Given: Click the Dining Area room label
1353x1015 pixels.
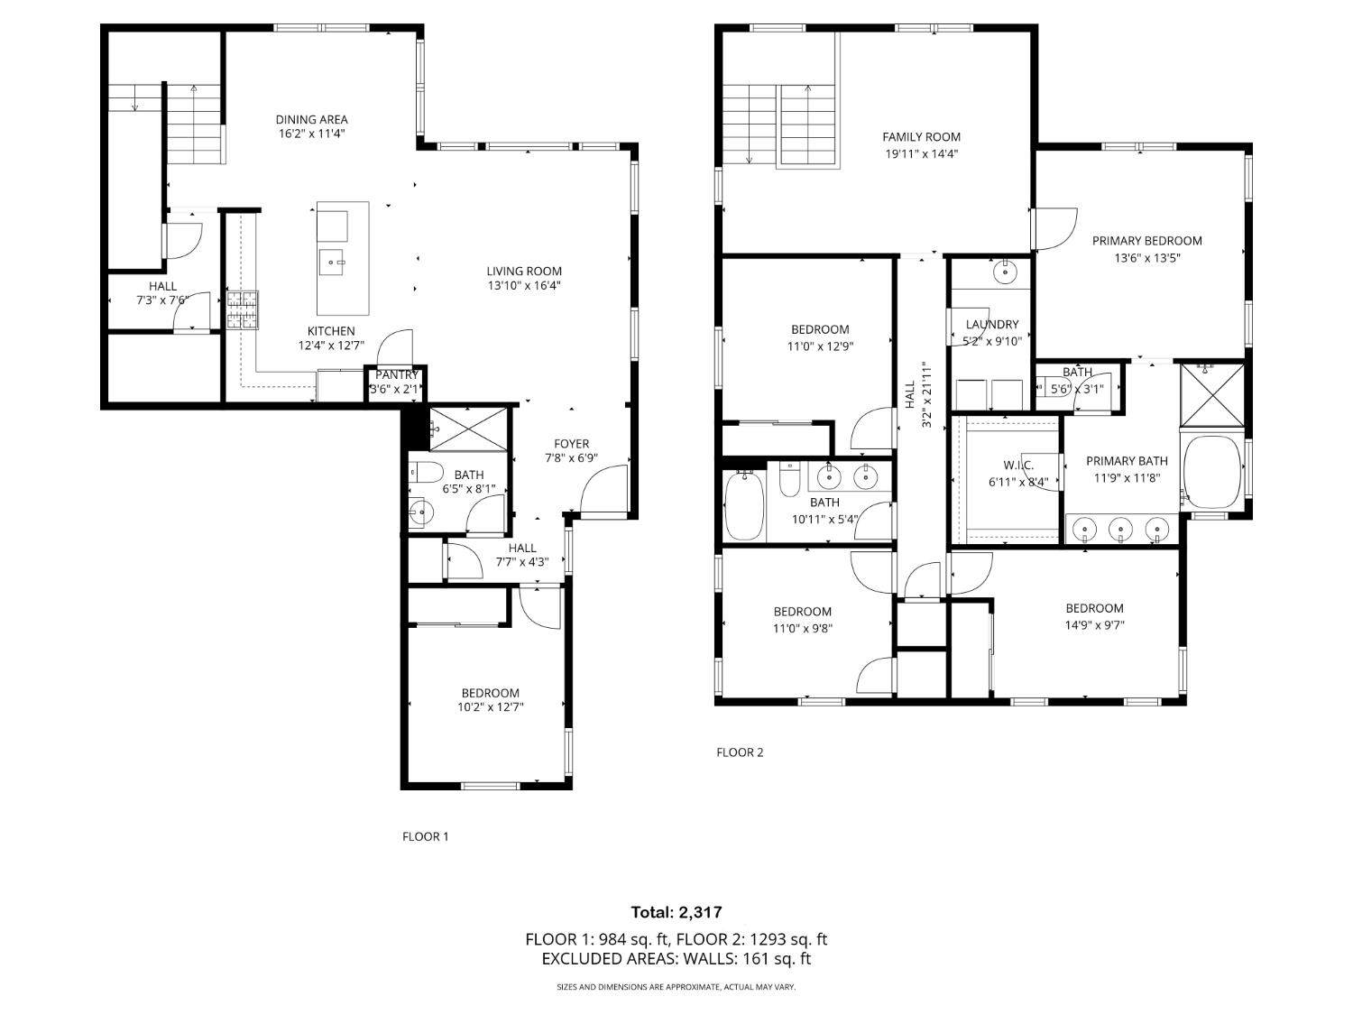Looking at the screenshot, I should coord(311,119).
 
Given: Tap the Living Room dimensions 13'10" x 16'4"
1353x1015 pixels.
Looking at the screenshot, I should coord(524,286).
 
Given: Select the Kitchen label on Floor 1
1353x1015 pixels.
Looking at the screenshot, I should coord(331,331).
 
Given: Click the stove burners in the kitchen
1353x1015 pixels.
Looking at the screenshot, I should coord(242,309).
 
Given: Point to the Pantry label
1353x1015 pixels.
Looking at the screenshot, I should coord(396,374).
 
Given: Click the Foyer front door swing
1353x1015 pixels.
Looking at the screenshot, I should coord(603,491).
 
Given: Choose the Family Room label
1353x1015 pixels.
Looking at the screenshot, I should coord(921,137).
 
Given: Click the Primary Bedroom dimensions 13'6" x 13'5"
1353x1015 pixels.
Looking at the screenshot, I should coord(1146,257).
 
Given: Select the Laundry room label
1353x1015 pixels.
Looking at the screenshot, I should coord(991,325).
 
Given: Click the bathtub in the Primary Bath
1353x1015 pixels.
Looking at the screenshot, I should coord(1212,472).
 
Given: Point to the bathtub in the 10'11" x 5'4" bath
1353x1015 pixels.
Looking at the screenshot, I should coord(745,506).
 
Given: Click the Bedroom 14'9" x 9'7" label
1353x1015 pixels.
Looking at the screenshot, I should coord(1094,608).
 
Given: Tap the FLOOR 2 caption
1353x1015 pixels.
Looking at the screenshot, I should coord(740,752).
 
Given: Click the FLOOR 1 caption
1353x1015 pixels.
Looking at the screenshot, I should coord(425,836).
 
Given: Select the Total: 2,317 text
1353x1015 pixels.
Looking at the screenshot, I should coord(676,912).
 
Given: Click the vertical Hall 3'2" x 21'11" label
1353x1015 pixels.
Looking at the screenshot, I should coord(917,394).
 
